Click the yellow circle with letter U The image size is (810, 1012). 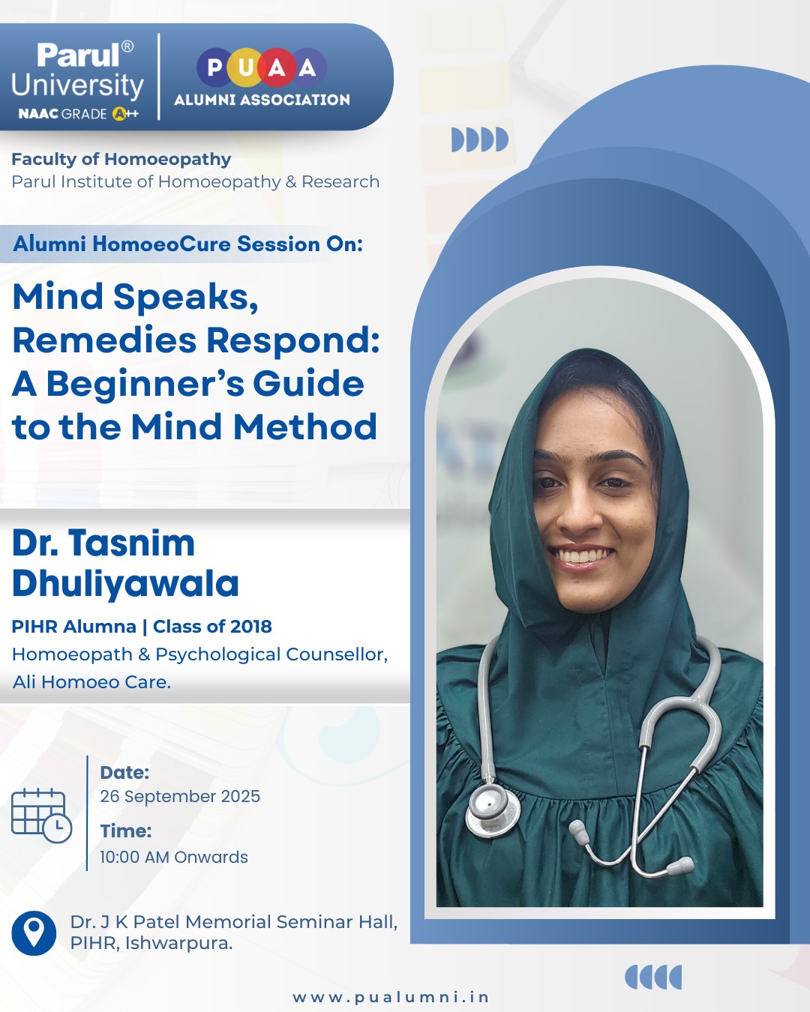point(246,67)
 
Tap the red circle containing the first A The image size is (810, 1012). point(277,67)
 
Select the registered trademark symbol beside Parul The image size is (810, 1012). point(127,46)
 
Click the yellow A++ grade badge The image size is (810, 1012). point(125,113)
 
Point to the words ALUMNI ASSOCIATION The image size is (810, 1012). point(262,100)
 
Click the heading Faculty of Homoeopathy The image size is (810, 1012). point(121,159)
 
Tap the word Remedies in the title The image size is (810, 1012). point(104,340)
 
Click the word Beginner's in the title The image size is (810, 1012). point(145,385)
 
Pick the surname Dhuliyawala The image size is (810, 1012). point(125,584)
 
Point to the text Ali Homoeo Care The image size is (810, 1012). point(91,682)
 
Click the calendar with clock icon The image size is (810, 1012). point(41,816)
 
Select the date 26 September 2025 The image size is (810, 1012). point(180,796)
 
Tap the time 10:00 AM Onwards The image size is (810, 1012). point(174,857)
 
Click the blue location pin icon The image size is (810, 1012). point(34,933)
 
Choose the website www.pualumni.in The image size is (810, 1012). point(391,997)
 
